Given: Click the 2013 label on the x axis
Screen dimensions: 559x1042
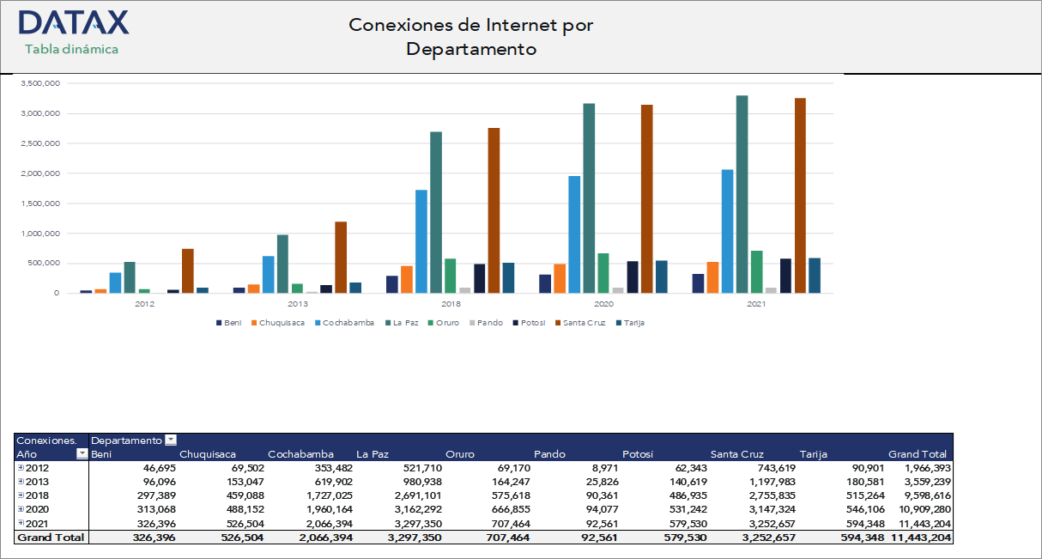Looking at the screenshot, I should click(x=298, y=304).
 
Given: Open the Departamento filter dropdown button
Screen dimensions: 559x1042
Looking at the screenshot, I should click(x=171, y=440).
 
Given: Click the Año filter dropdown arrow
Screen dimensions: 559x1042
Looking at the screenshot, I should click(x=82, y=453).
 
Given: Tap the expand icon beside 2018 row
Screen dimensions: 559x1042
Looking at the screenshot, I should click(x=21, y=495).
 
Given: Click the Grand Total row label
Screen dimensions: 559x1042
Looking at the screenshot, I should click(x=51, y=537).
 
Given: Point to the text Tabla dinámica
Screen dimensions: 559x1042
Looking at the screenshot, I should click(x=72, y=49).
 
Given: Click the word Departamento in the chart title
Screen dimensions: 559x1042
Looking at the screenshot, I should click(x=471, y=49).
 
